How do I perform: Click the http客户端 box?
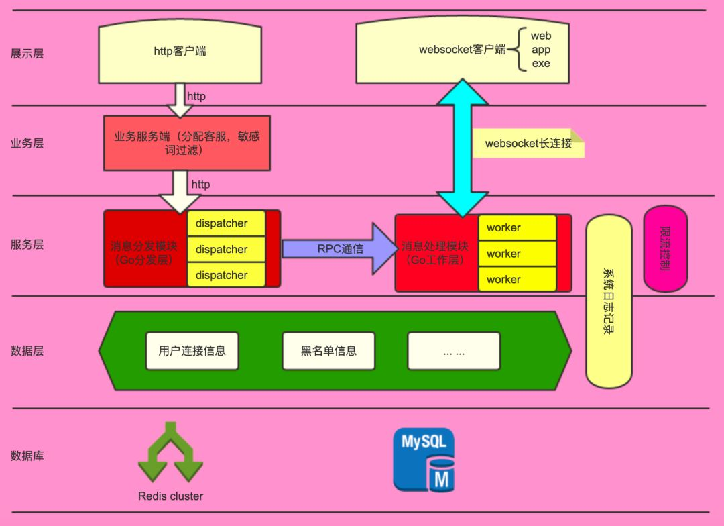180,53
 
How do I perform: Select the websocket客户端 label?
462,50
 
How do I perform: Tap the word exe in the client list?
540,64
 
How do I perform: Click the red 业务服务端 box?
186,142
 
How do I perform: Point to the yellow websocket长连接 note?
528,144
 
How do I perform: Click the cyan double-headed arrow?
462,148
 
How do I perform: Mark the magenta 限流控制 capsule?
665,249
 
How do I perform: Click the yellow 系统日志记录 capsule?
609,302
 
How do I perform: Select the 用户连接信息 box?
192,351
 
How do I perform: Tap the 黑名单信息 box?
328,351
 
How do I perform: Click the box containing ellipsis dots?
454,351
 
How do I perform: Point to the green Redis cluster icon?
170,453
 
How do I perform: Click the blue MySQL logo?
424,460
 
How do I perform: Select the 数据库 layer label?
27,456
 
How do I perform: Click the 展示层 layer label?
27,54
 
